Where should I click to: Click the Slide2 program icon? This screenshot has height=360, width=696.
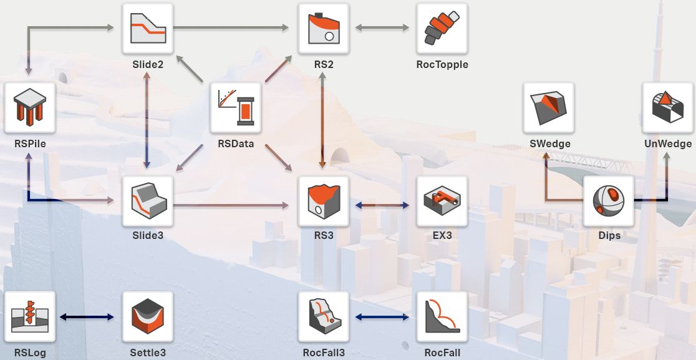coord(148,29)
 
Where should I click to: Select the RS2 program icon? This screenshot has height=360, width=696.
coord(324,29)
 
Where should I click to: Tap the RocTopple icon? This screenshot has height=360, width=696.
coord(442,29)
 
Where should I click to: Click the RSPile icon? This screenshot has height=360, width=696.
coord(30,107)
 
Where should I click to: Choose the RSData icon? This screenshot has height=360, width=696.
coord(236,107)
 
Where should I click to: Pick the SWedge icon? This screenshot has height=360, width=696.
coord(549,107)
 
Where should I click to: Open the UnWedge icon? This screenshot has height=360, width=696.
coord(668,107)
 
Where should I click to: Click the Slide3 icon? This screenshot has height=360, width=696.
coord(148,201)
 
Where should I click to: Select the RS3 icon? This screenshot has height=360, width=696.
coord(324,201)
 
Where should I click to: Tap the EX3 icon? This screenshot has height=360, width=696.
coord(442,201)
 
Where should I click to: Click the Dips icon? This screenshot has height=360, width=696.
coord(609,201)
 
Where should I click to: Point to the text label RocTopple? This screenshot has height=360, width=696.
coord(442,64)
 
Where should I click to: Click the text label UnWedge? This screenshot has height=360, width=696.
coord(668,144)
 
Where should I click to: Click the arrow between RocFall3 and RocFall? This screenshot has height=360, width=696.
coord(382,317)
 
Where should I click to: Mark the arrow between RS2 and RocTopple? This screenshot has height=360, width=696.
coord(382,27)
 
